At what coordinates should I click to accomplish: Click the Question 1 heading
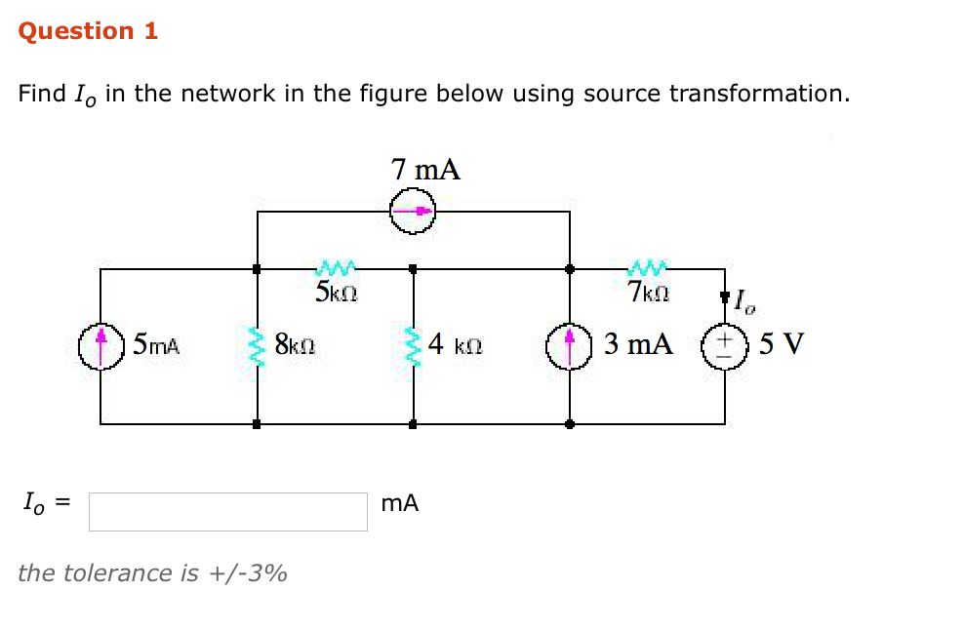coord(88,31)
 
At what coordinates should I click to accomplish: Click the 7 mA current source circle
coord(413,211)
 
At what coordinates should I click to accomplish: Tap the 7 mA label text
coord(425,170)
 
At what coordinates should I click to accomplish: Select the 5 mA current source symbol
coord(101,346)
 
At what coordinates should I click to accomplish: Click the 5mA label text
coord(156,344)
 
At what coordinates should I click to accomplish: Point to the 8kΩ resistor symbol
coord(258,345)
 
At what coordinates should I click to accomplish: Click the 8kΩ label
coord(293,344)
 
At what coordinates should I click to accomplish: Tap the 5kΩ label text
coord(338,292)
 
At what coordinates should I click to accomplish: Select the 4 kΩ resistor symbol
coord(414,345)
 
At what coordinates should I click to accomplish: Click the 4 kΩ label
coord(455,344)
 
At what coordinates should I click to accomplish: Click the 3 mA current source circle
coord(570,346)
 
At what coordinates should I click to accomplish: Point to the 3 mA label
coord(637,344)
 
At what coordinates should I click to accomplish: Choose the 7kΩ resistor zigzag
coord(648,266)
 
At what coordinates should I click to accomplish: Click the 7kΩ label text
coord(649,292)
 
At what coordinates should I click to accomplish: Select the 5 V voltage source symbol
coord(724,346)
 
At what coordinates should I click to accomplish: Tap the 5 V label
coord(781,344)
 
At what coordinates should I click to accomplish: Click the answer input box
coord(227,511)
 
